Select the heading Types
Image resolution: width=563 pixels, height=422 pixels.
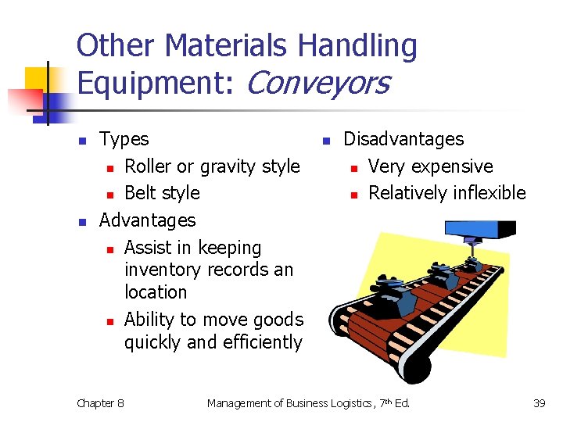click(x=124, y=139)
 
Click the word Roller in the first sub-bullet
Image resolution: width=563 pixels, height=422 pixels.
click(x=148, y=166)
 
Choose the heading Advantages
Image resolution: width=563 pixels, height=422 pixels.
click(x=147, y=220)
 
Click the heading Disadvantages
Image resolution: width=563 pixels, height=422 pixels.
click(x=403, y=139)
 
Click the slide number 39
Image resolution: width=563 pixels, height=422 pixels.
click(x=539, y=403)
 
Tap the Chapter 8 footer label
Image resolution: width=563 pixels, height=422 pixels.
click(x=100, y=403)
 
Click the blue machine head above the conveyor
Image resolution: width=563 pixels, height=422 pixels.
click(x=480, y=229)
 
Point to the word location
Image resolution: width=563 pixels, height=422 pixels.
click(x=156, y=292)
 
